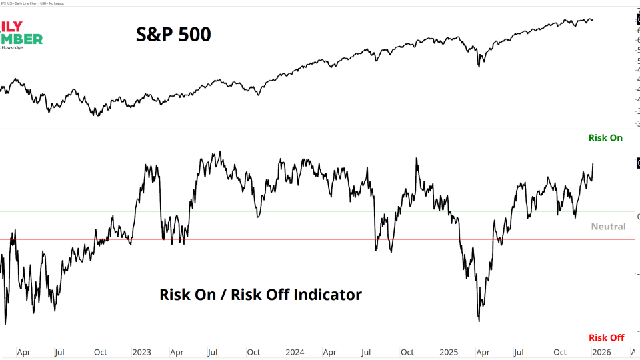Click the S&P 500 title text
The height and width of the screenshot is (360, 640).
coord(173,34)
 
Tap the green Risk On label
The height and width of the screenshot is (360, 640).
coord(605,138)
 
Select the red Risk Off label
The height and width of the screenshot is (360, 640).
coord(606,337)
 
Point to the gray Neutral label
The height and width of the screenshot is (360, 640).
coord(608,227)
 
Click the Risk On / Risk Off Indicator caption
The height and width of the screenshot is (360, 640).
coord(261,294)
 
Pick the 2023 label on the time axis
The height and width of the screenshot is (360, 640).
coord(142,352)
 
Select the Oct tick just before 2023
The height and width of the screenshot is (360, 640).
coord(101,352)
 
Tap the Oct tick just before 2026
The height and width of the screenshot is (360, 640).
coord(560,352)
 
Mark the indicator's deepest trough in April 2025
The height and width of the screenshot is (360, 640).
coord(479,321)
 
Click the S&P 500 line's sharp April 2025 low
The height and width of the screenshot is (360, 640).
coord(479,66)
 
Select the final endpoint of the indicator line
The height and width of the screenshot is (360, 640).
coord(593,163)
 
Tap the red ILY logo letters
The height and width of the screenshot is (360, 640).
coord(12,25)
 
